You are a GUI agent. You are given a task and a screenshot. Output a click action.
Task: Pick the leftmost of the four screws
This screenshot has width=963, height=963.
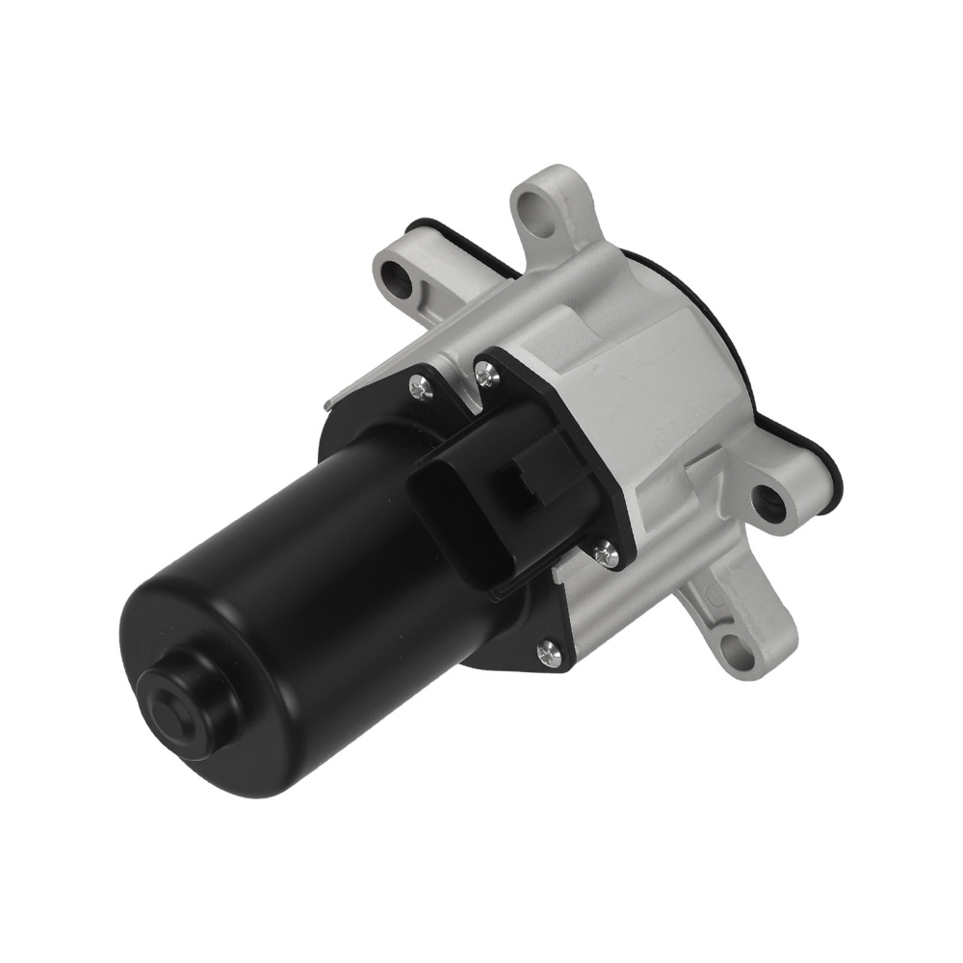[420, 388]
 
